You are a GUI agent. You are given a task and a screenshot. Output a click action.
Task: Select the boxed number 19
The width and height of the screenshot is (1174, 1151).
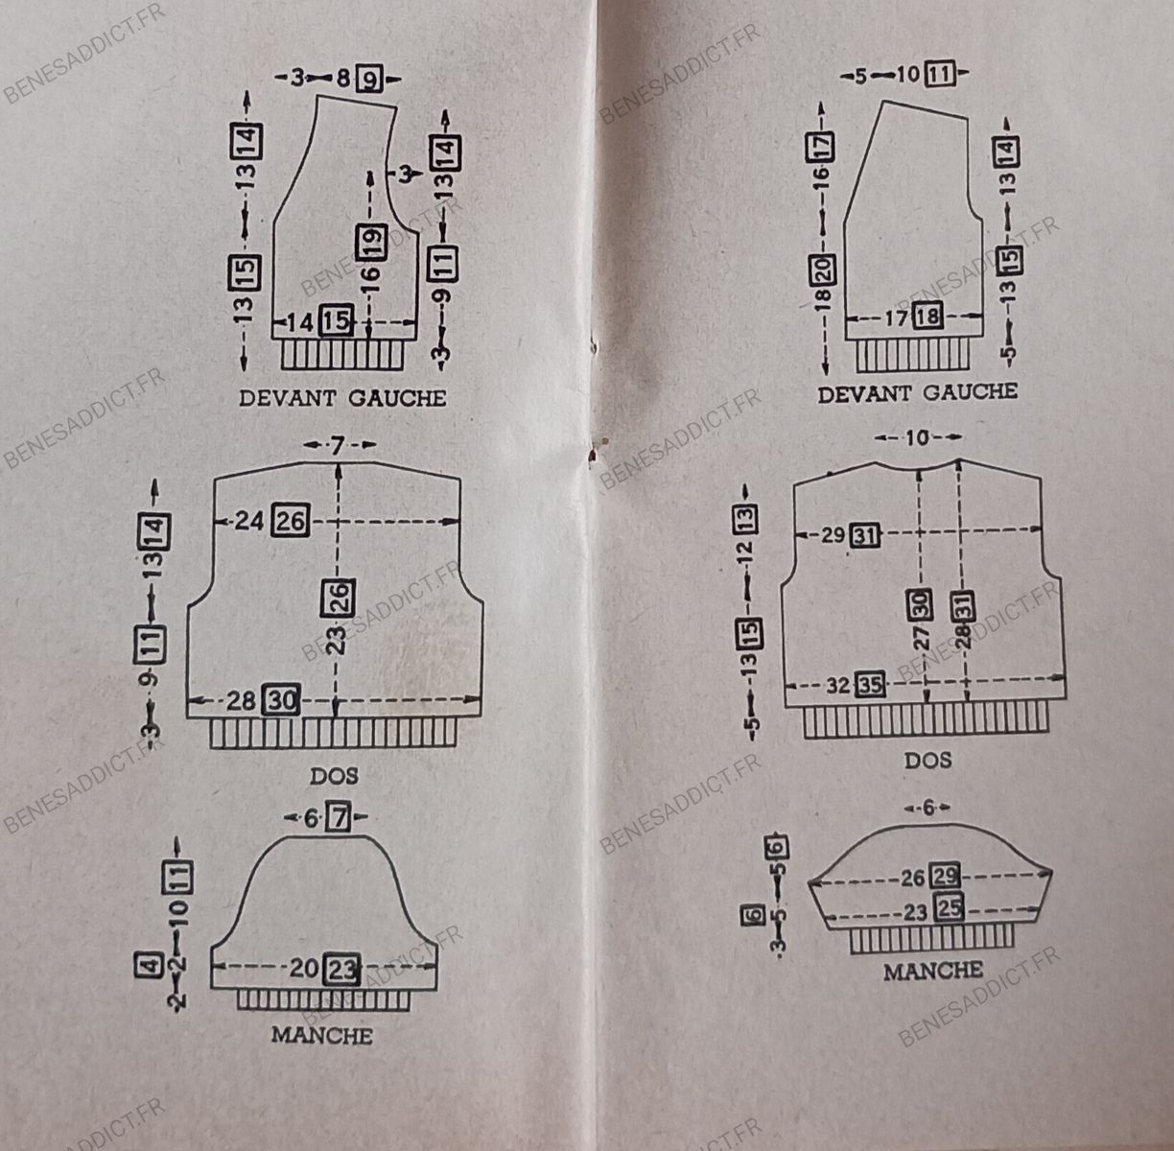[371, 240]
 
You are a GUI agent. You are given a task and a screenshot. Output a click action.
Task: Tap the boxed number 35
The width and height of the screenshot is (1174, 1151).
[871, 685]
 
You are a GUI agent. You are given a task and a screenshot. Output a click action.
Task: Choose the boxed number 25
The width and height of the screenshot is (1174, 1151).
[949, 907]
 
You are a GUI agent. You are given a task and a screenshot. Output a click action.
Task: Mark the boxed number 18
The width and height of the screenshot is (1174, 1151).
[927, 316]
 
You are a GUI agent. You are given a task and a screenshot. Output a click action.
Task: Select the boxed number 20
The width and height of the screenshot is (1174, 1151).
[822, 271]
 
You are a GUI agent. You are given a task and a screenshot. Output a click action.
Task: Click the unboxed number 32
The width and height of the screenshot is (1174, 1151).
[838, 686]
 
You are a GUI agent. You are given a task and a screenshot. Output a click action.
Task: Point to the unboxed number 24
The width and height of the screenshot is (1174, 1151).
[248, 521]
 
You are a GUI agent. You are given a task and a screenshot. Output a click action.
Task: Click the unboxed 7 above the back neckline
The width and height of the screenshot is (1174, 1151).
[337, 445]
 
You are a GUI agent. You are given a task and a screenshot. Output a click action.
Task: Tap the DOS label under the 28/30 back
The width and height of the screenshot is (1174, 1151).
[334, 774]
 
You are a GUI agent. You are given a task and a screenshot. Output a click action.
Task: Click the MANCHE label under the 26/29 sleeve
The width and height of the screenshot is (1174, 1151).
[933, 971]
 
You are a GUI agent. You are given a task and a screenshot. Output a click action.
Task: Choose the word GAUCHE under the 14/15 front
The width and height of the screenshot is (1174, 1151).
[396, 397]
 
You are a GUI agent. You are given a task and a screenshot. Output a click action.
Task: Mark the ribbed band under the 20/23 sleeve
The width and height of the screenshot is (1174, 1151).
[324, 999]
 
